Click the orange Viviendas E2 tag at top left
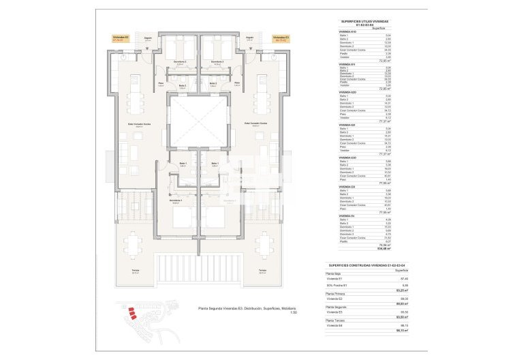pos(121,38)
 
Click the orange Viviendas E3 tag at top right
pos(279,38)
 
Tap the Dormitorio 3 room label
pos(217,62)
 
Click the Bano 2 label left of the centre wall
pos(182,85)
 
